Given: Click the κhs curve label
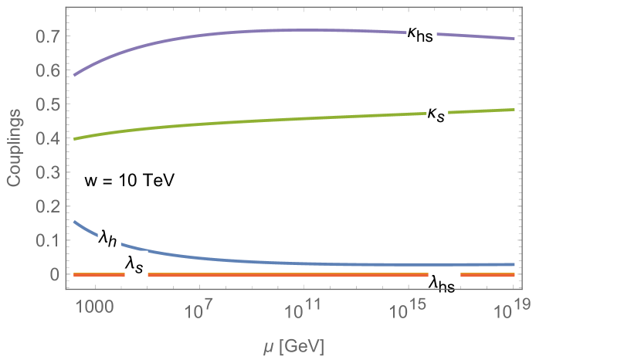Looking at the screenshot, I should pyautogui.click(x=422, y=33).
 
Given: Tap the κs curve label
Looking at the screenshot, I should pyautogui.click(x=437, y=114).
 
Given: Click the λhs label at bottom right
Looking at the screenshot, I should pyautogui.click(x=443, y=283).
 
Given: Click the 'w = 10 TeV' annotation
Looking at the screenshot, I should pyautogui.click(x=131, y=181).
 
